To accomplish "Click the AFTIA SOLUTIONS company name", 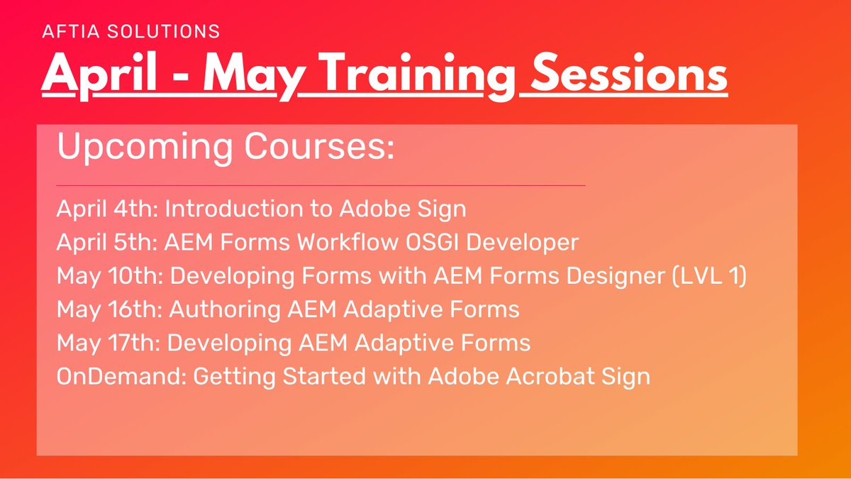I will point(130,32).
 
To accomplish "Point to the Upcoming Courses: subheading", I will point(225,148).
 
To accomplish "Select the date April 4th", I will point(107,209).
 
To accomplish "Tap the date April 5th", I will point(107,243).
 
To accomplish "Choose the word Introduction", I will point(231,209).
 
